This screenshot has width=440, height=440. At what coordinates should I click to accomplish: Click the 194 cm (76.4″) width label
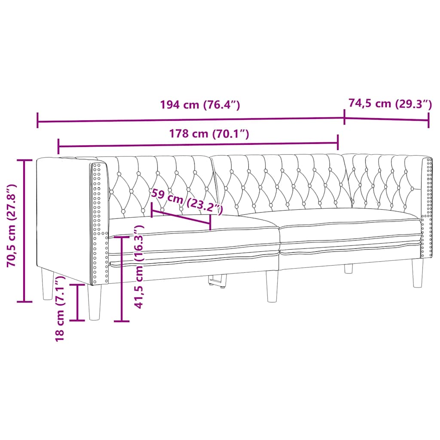pyautogui.click(x=199, y=105)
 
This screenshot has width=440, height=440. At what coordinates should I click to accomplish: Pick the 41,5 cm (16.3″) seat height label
pyautogui.click(x=138, y=267)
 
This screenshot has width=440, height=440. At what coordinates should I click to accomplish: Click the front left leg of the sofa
pyautogui.click(x=95, y=302)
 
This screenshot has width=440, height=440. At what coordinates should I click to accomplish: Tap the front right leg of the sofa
pyautogui.click(x=417, y=272)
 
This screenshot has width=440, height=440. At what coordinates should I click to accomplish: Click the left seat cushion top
pyautogui.click(x=193, y=225)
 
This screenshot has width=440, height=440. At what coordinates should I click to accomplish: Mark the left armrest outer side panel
pyautogui.click(x=64, y=215)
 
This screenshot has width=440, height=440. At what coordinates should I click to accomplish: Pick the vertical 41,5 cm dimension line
pyautogui.click(x=122, y=279)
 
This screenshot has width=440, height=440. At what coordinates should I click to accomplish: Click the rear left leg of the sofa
pyautogui.click(x=47, y=284)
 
